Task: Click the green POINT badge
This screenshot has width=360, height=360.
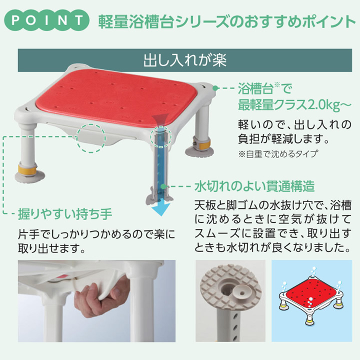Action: pos(46,20)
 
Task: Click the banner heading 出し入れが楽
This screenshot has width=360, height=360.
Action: pos(185,60)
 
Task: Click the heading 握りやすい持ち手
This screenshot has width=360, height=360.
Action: pos(65,214)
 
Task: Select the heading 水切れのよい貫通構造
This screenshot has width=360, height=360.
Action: pos(254,186)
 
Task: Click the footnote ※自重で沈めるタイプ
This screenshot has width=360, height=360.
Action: pos(278,154)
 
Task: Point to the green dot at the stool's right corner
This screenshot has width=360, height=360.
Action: pos(215,88)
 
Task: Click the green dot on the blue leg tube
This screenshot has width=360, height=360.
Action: pos(163,186)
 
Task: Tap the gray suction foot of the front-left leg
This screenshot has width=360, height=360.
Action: pos(29,177)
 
